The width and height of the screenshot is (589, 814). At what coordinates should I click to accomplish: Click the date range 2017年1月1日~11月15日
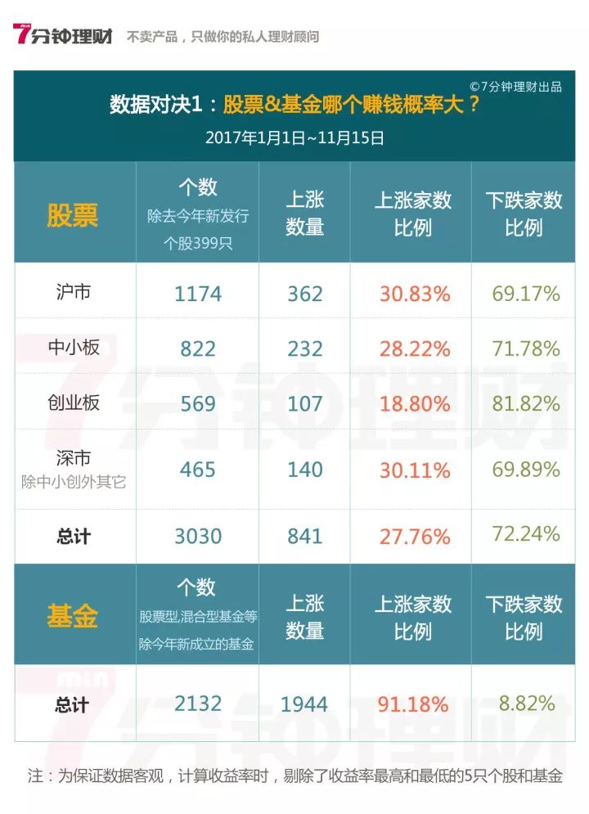294,138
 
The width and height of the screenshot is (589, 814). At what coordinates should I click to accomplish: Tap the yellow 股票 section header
73,214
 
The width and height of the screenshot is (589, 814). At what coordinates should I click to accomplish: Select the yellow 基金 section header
73,616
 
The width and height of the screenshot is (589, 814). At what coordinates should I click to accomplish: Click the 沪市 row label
74,292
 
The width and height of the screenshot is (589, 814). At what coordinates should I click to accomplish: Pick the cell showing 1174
198,294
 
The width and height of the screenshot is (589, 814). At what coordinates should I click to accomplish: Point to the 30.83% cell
414,294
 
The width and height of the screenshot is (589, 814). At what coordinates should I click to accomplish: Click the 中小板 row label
74,347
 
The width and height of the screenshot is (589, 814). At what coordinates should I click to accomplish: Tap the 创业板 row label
74,402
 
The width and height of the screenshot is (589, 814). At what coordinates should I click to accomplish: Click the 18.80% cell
414,403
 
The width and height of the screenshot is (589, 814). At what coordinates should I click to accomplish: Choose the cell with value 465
198,470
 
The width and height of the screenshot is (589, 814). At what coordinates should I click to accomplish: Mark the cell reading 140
304,470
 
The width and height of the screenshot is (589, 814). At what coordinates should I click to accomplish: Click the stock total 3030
198,537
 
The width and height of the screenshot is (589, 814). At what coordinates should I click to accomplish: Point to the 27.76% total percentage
414,537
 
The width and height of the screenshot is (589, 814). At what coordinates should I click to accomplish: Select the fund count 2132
198,704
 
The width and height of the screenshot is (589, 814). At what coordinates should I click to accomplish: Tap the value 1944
304,704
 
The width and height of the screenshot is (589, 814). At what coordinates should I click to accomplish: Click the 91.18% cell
414,704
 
